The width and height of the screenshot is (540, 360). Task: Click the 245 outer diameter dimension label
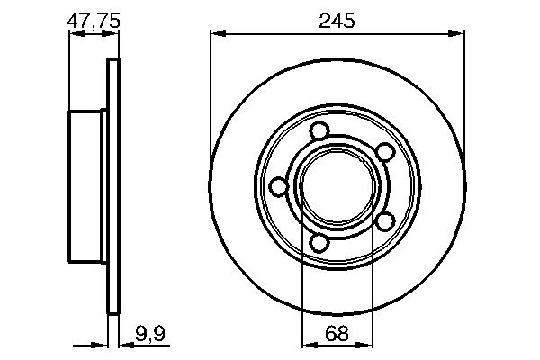pyautogui.click(x=337, y=19)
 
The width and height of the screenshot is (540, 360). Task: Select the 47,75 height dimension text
pyautogui.click(x=94, y=19)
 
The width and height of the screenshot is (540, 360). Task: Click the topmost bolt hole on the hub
pyautogui.click(x=319, y=131)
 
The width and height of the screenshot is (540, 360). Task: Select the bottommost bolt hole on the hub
pyautogui.click(x=319, y=241)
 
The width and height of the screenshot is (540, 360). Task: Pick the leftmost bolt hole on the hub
pyautogui.click(x=279, y=186)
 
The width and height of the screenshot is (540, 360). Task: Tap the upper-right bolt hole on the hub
pyautogui.click(x=382, y=152)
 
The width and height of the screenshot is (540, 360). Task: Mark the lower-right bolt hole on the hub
pyautogui.click(x=382, y=220)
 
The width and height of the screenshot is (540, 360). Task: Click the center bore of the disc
pyautogui.click(x=337, y=186)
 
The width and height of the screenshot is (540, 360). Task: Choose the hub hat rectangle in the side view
pyautogui.click(x=86, y=186)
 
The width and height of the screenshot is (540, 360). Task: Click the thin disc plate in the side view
pyautogui.click(x=112, y=186)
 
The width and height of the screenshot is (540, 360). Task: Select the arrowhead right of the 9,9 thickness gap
pyautogui.click(x=122, y=344)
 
